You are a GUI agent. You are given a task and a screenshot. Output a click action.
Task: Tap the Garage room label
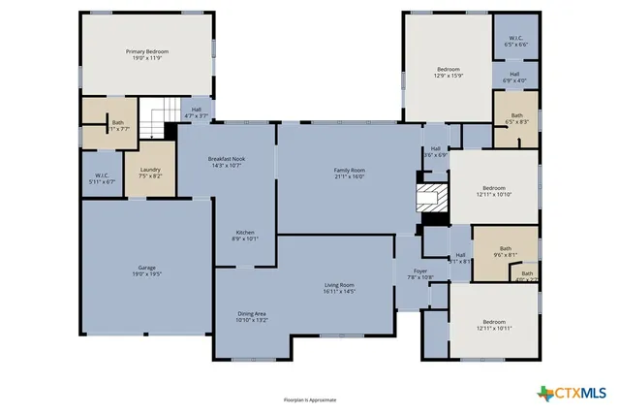click(x=147, y=271)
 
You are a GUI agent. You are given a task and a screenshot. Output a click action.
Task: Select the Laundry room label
click(x=150, y=174)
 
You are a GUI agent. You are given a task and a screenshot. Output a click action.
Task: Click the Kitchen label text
click(x=246, y=234)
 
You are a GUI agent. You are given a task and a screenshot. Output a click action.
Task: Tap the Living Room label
click(x=339, y=288)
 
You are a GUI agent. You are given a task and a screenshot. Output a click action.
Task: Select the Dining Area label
click(x=253, y=316)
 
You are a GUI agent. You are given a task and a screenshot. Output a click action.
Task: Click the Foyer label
click(x=420, y=273)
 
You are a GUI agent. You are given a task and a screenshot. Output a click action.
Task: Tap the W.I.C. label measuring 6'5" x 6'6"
click(x=514, y=42)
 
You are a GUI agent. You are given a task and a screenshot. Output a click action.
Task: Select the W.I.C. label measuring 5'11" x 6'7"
click(x=102, y=178)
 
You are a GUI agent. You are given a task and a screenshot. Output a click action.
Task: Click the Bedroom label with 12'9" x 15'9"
click(x=448, y=72)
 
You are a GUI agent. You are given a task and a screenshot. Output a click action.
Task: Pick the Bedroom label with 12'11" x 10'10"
click(x=494, y=191)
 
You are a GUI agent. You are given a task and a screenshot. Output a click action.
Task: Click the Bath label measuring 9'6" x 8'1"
click(x=506, y=252)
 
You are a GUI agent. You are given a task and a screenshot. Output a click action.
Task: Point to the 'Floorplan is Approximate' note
click(x=310, y=399)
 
